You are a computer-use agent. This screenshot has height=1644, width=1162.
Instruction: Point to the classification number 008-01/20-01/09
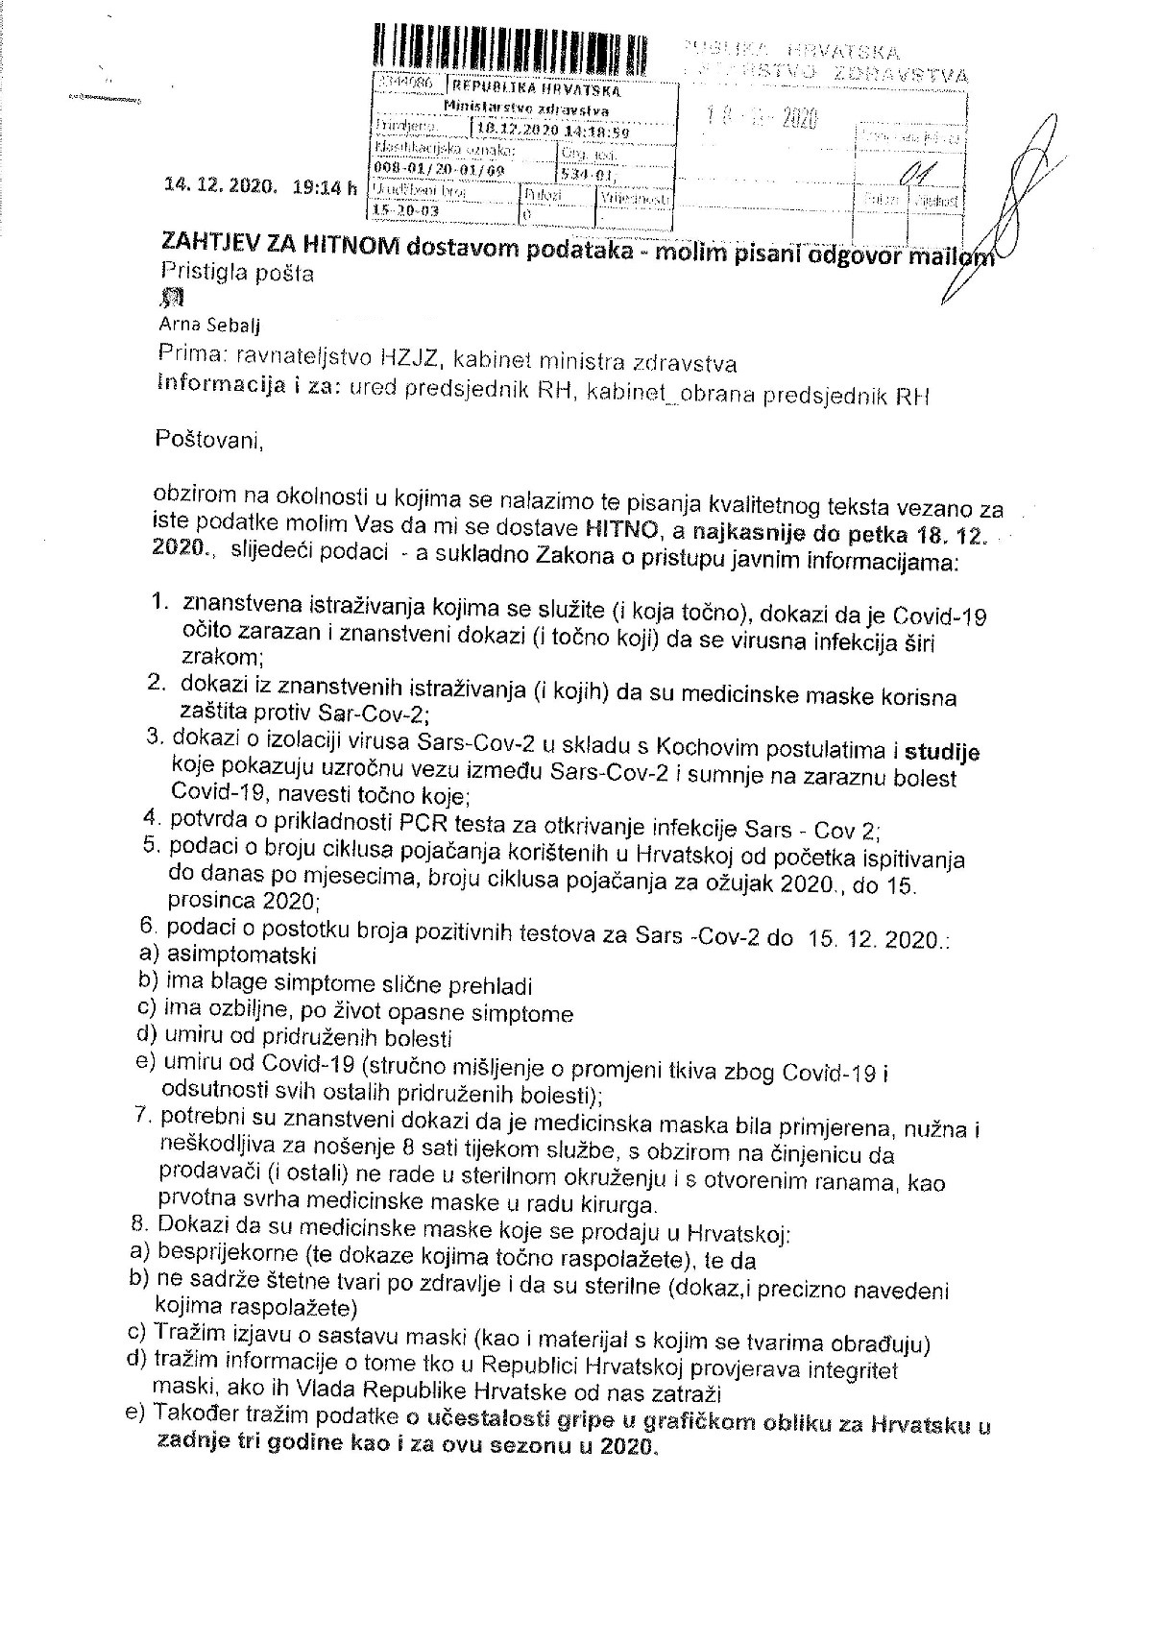coord(441,170)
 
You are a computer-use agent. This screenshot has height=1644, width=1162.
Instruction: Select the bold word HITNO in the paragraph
coord(606,527)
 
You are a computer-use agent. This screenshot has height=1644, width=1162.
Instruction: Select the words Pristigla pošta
coord(235,274)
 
